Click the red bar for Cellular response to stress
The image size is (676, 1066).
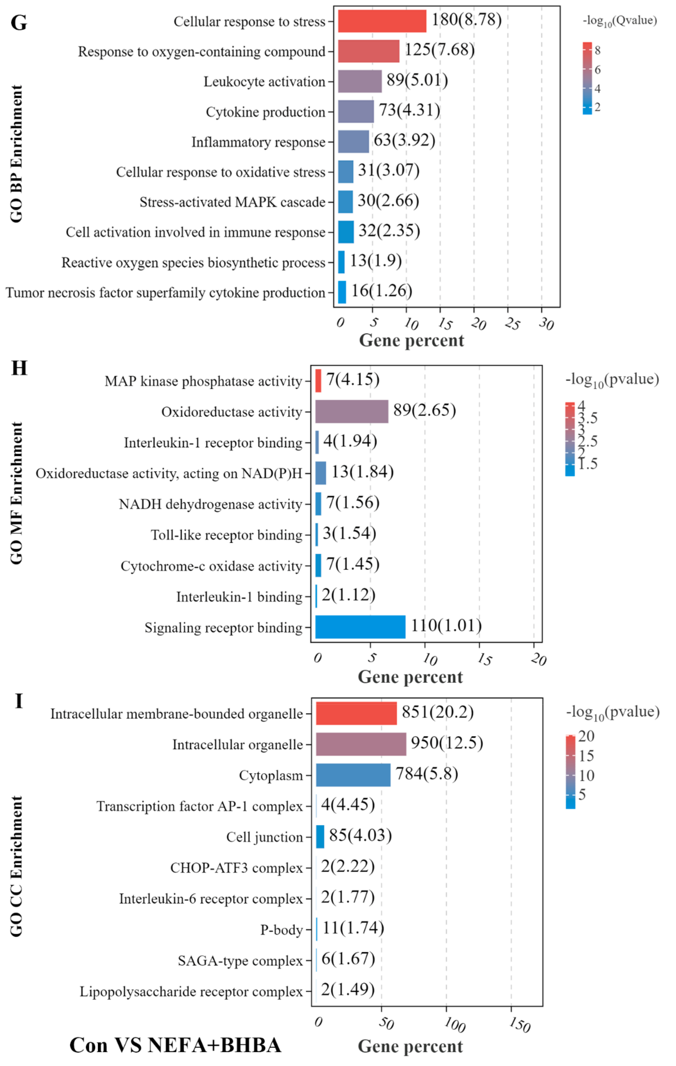[382, 21]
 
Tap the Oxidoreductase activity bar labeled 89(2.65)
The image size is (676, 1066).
[352, 411]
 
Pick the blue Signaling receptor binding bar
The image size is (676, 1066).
[360, 627]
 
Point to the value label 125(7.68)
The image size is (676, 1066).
[439, 49]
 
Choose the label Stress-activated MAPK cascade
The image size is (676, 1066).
[232, 202]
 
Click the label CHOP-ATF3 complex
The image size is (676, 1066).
[236, 868]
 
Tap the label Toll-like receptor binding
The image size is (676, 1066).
[227, 535]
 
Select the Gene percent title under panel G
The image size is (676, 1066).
[411, 341]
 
